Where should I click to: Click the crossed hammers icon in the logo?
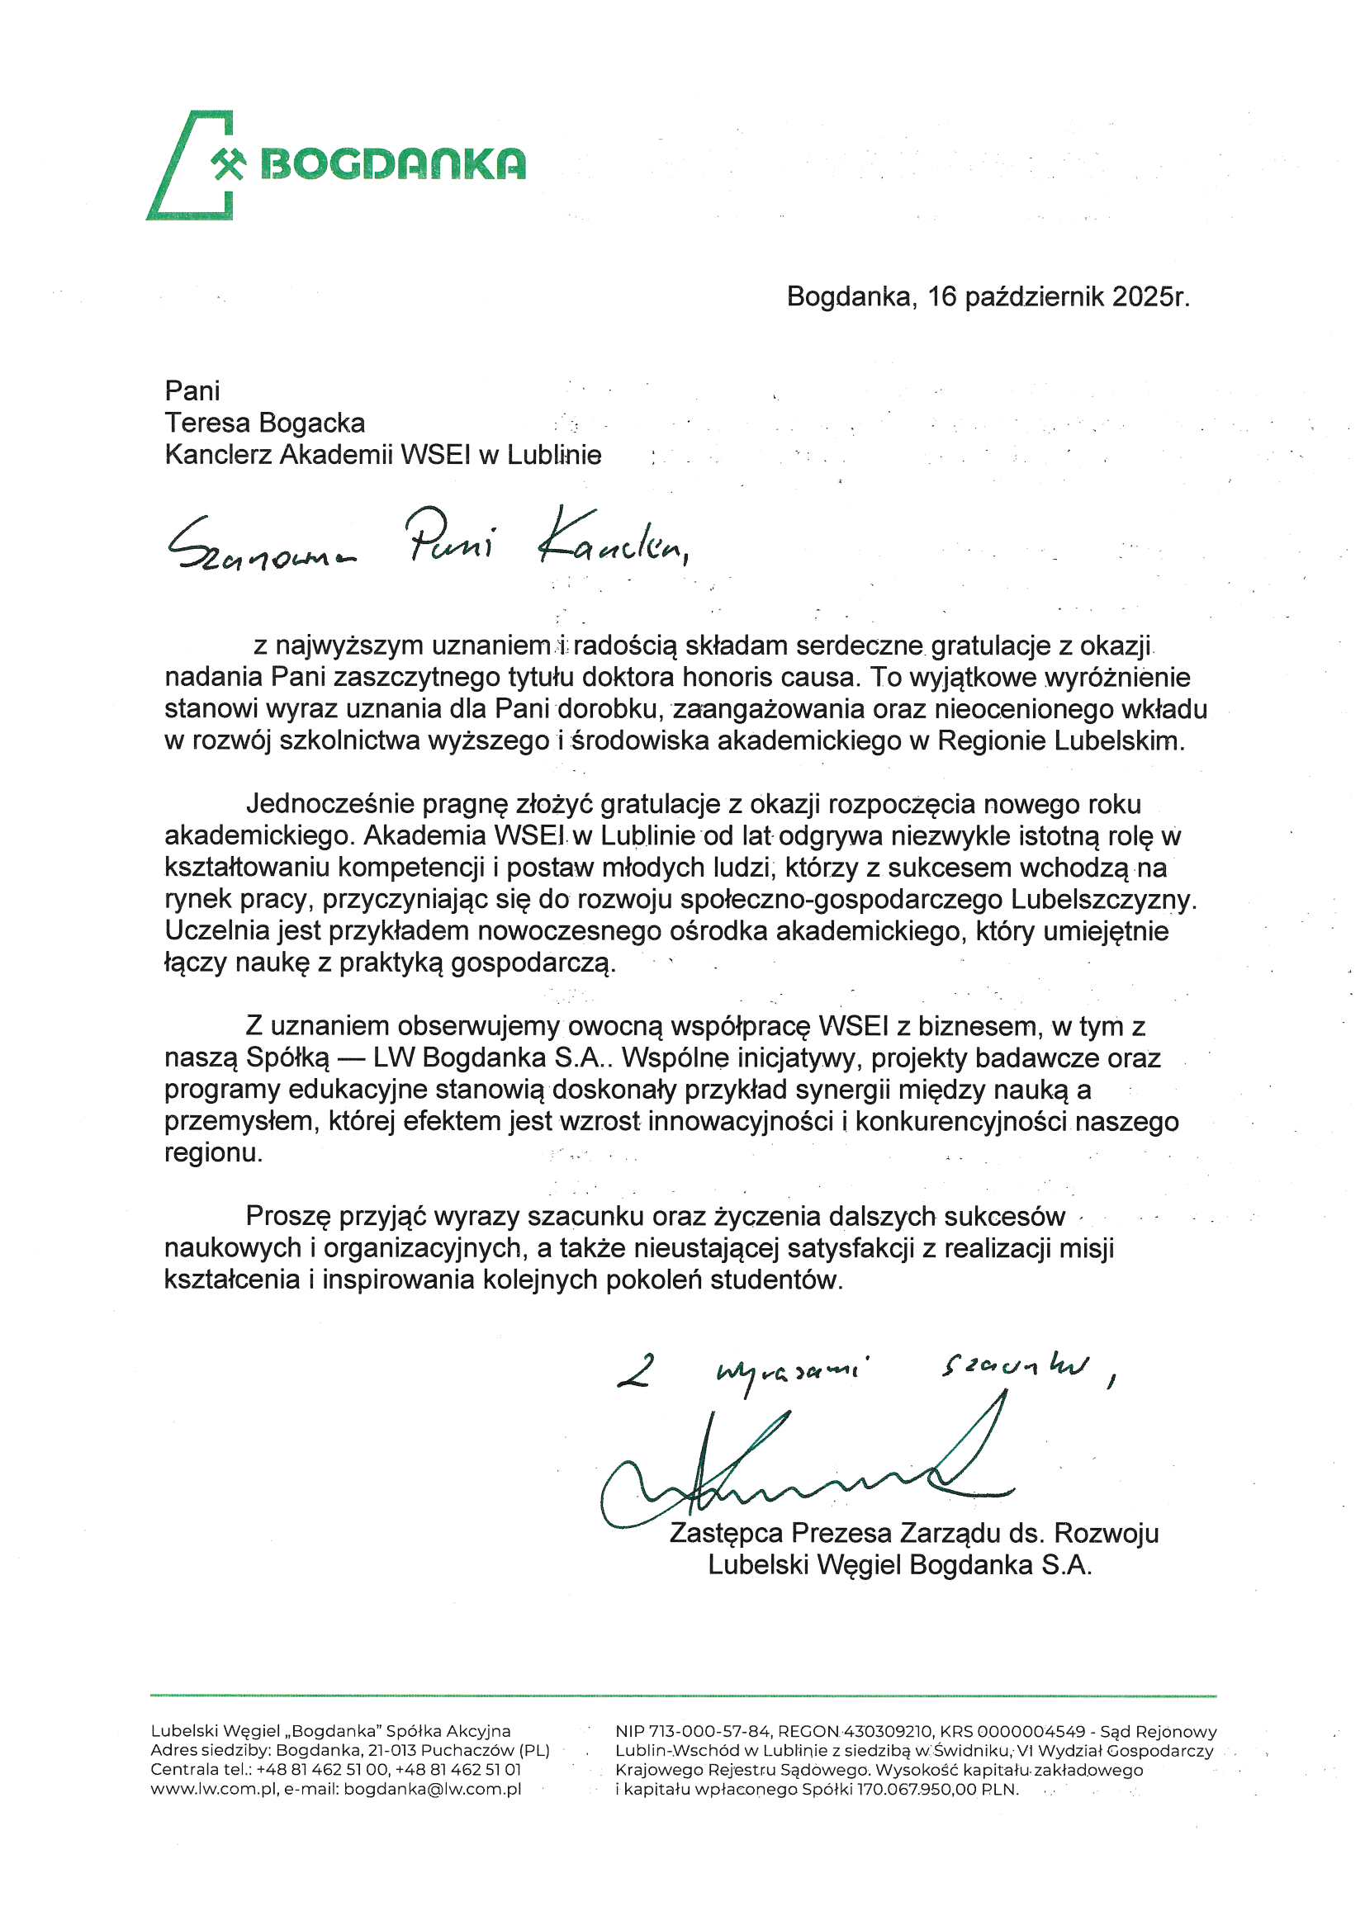click(227, 164)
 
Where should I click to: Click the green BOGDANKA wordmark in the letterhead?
click(393, 164)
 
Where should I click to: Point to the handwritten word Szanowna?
click(261, 547)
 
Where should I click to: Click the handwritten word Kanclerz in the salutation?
click(612, 542)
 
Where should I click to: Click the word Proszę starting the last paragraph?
click(288, 1216)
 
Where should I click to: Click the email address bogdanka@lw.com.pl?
click(433, 1790)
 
